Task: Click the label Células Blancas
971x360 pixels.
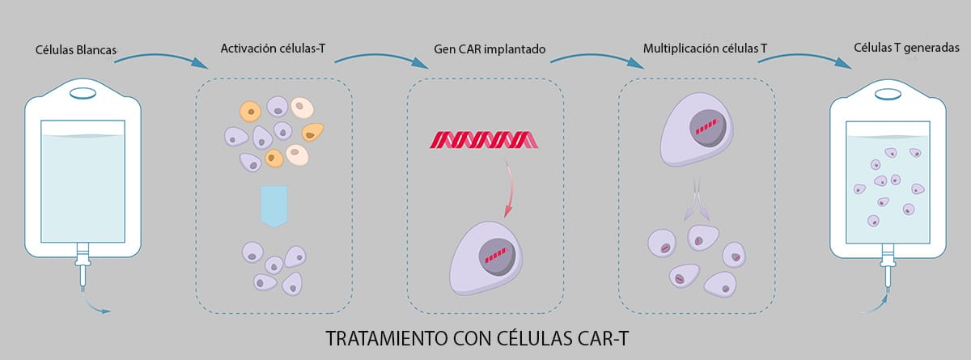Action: (75, 50)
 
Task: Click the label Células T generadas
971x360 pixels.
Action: (906, 48)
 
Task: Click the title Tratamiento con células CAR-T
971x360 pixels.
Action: (485, 338)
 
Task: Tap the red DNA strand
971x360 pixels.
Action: (481, 139)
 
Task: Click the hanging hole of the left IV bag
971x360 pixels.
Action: (82, 92)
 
